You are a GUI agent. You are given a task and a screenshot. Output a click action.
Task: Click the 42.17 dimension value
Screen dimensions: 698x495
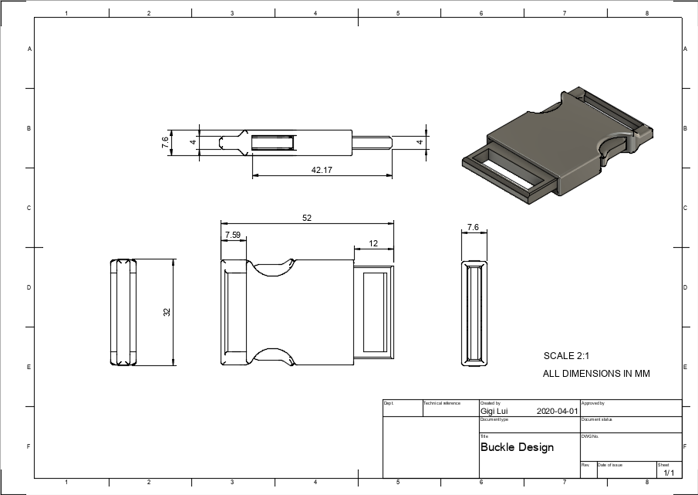322,170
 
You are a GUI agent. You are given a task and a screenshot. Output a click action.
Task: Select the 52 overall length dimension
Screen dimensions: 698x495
307,219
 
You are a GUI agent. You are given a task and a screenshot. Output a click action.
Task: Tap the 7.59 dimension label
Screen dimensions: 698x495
233,234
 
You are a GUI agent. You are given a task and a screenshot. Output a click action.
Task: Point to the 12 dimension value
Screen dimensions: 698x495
373,243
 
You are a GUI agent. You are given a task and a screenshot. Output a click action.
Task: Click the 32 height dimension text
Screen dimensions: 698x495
167,312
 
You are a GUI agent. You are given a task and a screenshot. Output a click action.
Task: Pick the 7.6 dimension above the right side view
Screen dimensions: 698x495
474,228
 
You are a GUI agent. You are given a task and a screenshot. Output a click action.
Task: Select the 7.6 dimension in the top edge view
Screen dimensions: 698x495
165,142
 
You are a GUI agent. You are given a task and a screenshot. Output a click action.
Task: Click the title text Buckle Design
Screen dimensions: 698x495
517,447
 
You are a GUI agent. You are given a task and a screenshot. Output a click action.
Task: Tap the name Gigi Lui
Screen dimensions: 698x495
494,412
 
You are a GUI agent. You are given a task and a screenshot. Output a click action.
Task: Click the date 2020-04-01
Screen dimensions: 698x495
557,412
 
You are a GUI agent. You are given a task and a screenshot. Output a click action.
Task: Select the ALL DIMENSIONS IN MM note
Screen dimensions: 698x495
596,374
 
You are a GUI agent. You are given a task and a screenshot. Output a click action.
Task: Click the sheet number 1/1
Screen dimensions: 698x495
668,473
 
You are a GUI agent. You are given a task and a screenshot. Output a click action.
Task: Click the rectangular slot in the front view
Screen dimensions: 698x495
374,312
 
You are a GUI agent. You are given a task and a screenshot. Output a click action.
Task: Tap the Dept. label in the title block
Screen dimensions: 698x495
389,403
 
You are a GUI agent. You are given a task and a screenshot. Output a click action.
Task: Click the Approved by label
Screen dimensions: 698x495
592,403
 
